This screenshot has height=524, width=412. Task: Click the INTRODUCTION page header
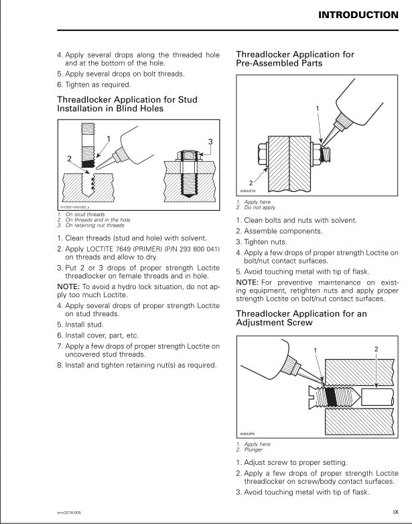[358, 15]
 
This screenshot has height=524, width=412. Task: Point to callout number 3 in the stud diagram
[210, 142]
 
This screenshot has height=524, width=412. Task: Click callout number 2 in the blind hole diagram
[68, 159]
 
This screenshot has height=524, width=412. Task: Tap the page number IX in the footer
[395, 512]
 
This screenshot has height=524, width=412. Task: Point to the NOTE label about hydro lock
[69, 286]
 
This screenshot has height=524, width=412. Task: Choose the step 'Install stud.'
[82, 323]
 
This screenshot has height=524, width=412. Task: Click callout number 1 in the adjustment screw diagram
[314, 351]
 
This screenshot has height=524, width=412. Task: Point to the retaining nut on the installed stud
[188, 156]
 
